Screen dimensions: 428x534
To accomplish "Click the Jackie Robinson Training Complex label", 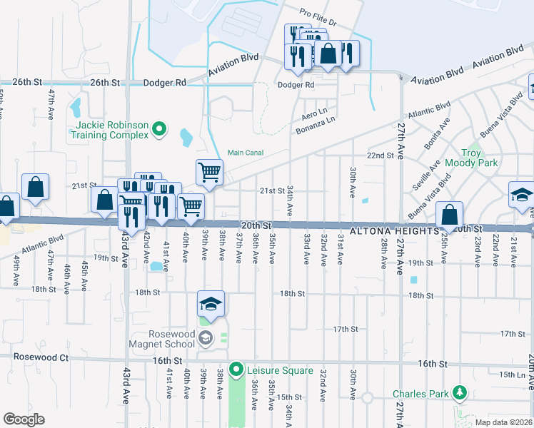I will point(109,130).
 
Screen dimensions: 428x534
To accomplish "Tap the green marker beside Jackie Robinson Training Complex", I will point(159,129).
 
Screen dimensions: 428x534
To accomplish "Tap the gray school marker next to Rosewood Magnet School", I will point(206,336).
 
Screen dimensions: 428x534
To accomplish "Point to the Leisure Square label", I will point(280,370).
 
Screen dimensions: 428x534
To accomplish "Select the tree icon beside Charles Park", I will point(460,393).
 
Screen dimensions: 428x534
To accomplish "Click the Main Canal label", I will point(246,152).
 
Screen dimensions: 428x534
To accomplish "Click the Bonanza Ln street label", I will point(316,124).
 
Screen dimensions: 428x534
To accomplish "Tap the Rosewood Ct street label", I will point(34,357).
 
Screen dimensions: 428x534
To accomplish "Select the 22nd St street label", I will point(381,156).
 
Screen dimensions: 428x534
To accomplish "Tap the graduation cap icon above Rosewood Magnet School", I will point(211,305).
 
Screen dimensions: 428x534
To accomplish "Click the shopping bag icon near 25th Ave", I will point(450,215).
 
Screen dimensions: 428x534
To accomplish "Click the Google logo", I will point(24,419).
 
